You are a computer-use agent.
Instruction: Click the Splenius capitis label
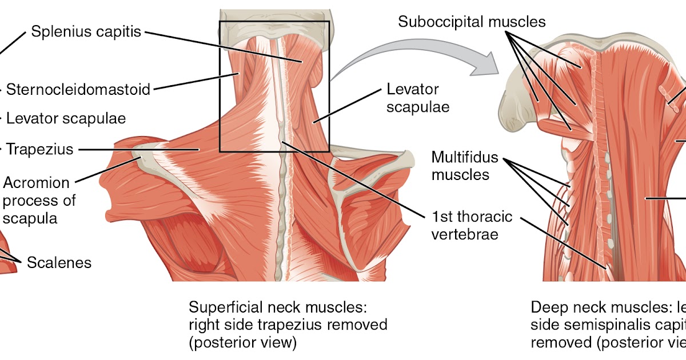tap(86, 31)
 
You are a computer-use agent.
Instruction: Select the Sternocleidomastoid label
tap(78, 90)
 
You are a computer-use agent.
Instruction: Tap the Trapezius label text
tap(40, 150)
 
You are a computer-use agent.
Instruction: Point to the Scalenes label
tap(59, 262)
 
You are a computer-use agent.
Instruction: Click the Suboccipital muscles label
tap(472, 22)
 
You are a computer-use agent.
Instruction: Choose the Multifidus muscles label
tap(464, 165)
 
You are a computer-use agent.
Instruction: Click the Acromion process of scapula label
tap(39, 201)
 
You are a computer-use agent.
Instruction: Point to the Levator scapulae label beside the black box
tap(413, 98)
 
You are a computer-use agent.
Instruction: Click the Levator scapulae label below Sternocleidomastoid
tap(66, 119)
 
